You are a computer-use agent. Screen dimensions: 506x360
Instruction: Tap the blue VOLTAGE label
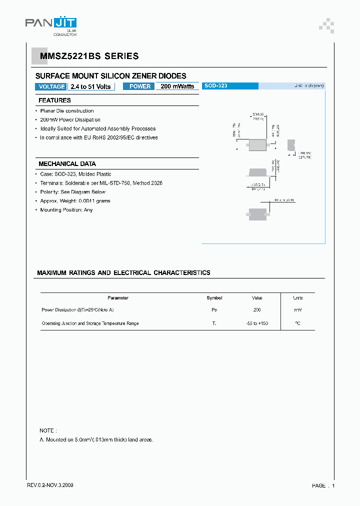tap(51, 86)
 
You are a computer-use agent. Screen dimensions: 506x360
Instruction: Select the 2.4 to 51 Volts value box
tap(90, 86)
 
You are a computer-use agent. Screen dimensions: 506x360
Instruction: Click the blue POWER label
tap(140, 86)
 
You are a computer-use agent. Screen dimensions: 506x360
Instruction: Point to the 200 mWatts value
tap(177, 86)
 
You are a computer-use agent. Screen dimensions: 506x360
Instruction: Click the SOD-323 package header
tap(216, 86)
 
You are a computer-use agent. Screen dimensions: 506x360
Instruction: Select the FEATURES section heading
tap(54, 100)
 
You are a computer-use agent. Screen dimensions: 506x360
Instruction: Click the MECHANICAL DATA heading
tap(67, 164)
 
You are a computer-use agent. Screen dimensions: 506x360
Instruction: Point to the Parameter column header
tap(118, 298)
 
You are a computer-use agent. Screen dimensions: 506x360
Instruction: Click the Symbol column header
tap(214, 298)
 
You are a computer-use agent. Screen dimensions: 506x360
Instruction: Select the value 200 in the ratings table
tap(257, 310)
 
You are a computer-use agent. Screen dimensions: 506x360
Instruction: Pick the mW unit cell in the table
tap(298, 310)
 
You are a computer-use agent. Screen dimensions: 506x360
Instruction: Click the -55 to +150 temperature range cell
tap(257, 323)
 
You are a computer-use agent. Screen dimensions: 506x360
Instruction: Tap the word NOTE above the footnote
tap(48, 430)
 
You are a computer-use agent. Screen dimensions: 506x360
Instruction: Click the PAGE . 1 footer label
tap(323, 485)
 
